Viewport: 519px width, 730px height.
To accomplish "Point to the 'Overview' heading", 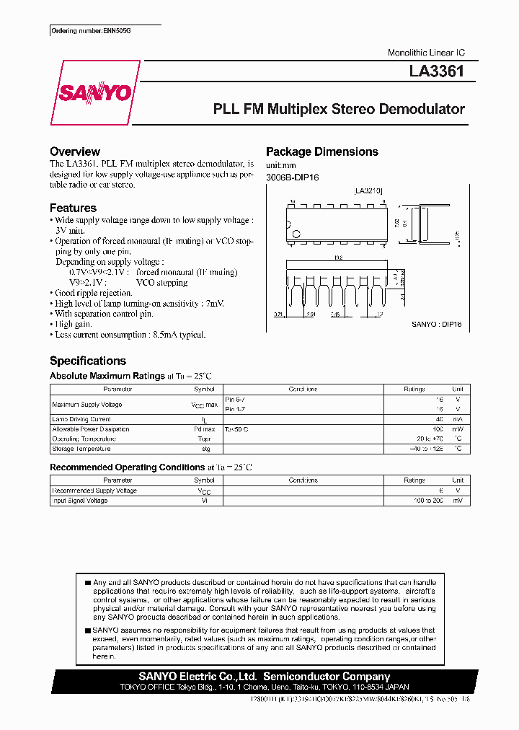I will click(75, 151).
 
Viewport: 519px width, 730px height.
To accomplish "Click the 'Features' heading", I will click(73, 208).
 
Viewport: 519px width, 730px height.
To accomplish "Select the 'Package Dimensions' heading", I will click(322, 151).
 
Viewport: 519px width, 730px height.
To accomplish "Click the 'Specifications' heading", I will click(88, 361).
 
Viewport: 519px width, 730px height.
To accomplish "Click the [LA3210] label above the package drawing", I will click(368, 191).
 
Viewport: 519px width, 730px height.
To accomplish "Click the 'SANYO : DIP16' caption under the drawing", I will click(437, 325).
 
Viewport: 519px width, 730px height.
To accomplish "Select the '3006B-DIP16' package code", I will click(293, 177).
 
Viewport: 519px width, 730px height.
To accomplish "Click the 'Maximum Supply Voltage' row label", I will click(87, 404).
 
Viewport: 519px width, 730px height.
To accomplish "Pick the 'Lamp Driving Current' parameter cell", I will click(81, 419).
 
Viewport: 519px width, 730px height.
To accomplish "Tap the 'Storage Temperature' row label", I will click(81, 449).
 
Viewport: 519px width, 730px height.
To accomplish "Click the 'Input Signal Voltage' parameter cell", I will click(80, 501).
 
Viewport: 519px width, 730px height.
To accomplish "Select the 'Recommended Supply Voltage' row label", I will click(94, 491).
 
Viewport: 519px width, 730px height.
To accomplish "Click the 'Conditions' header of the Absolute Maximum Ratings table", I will click(303, 390).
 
